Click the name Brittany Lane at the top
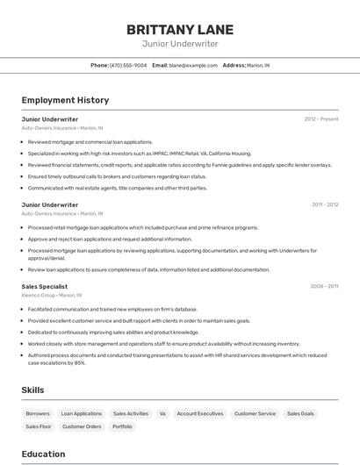coord(180,29)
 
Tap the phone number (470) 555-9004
coord(128,65)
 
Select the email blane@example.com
coord(193,65)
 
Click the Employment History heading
coord(65,100)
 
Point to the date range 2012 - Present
coord(321,119)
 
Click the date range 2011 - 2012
coord(325,204)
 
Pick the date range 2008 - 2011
coord(324,286)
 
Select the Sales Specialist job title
coord(45,286)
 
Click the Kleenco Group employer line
coord(52,295)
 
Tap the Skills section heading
coord(33,390)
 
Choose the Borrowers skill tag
coord(38,413)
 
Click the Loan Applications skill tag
coord(82,413)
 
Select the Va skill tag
coord(162,413)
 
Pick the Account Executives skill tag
coord(200,413)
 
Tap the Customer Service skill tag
coord(255,413)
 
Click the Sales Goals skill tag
coord(300,413)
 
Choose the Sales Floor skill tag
coord(39,426)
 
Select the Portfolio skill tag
coord(122,426)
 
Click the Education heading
coord(43,454)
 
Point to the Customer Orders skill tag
coord(82,426)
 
